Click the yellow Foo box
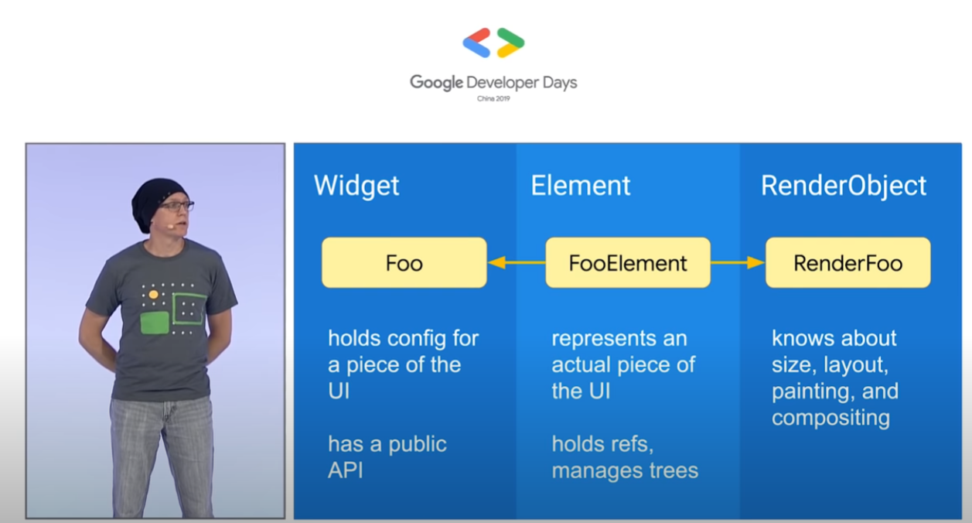(404, 262)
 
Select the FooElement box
(628, 262)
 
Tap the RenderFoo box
(848, 262)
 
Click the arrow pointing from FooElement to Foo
(517, 262)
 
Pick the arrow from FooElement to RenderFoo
(738, 262)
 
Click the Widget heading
(356, 186)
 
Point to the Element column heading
(580, 186)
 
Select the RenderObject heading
(844, 186)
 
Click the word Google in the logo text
(436, 83)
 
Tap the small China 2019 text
(493, 98)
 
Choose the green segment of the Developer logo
(510, 37)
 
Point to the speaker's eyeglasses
(176, 206)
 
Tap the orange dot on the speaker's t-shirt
(153, 295)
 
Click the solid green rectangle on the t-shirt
(155, 323)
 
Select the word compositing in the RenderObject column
(830, 419)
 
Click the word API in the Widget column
(346, 470)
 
